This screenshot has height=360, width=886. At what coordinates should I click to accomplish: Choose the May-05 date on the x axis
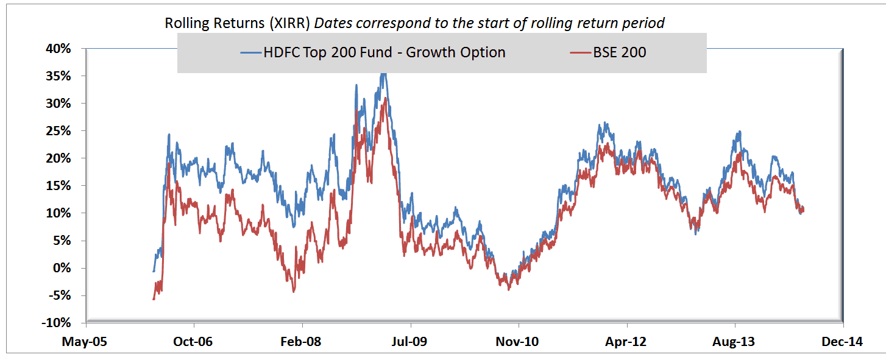coord(85,342)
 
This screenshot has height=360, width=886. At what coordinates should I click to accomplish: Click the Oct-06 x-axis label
coord(194,342)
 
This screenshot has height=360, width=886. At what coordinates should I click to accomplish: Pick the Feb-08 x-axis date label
coord(302,342)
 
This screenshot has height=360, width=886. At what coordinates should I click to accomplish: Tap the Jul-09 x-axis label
coord(410,342)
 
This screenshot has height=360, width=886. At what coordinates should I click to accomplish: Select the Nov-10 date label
coord(518,342)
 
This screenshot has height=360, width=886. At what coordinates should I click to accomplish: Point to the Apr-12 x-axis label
coord(626,342)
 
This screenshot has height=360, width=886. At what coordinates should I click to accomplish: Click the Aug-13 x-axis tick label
coord(734,342)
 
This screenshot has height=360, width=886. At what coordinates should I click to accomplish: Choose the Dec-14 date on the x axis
coord(843,342)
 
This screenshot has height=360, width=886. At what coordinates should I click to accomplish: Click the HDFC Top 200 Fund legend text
coord(384,52)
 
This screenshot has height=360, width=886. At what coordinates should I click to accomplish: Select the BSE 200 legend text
coord(619,52)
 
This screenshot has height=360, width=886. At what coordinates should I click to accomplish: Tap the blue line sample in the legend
coord(250,53)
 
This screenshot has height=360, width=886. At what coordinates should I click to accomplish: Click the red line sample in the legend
coord(581,53)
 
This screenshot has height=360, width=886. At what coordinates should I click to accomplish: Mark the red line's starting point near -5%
coord(154,298)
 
